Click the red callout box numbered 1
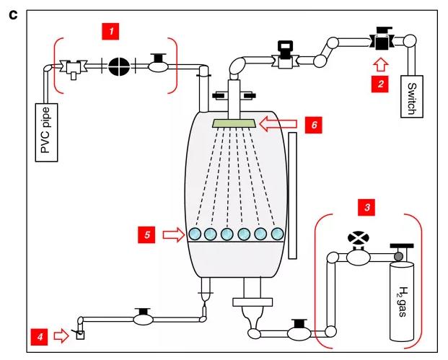coord(110,31)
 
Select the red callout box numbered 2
coord(379,84)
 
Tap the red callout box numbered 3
coord(366,208)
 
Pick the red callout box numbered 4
coord(40,337)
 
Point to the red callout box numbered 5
coord(146,235)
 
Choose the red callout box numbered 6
coord(313,125)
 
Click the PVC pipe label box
coord(46,133)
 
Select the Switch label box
coord(412,97)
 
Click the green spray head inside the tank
coord(234,123)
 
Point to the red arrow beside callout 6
coord(278,124)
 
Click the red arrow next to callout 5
coord(174,235)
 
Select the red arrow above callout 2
coord(381,65)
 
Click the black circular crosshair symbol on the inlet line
coord(119,66)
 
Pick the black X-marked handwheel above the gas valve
coord(359,238)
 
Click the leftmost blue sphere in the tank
coord(195,234)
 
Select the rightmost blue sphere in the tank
coord(277,234)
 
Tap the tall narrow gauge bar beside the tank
coord(292,196)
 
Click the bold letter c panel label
coord(13,15)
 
